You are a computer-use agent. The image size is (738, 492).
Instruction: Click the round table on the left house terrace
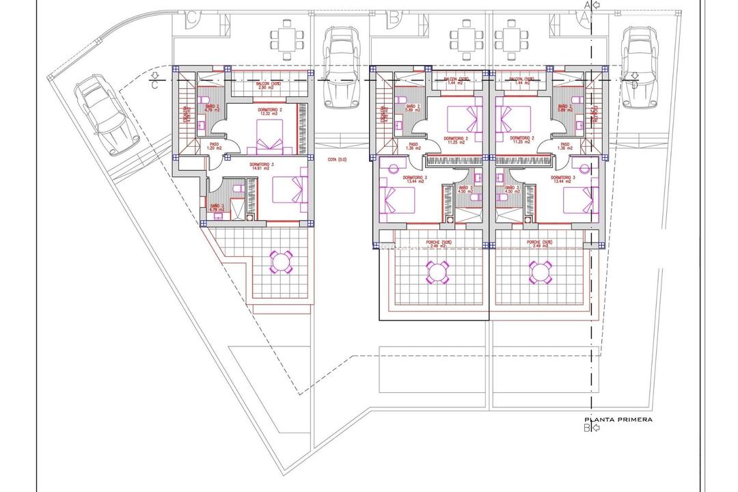click(282, 262)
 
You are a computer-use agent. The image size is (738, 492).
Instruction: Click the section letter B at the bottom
click(586, 428)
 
